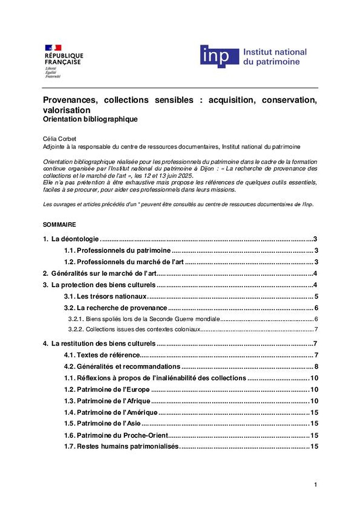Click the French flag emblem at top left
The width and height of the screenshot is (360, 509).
tap(53, 48)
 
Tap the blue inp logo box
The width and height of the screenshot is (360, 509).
tap(219, 56)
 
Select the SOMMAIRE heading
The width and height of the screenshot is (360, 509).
tap(59, 224)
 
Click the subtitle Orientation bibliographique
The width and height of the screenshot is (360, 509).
tap(90, 119)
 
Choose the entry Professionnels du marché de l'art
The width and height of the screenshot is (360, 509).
tap(124, 262)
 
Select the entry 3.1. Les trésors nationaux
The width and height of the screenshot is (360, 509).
tap(105, 296)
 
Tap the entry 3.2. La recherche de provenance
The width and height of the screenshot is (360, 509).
tap(115, 308)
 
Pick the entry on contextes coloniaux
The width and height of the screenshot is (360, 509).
tap(135, 330)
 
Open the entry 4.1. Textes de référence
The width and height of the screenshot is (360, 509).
tap(102, 355)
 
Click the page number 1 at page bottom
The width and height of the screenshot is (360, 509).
tap(315, 484)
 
